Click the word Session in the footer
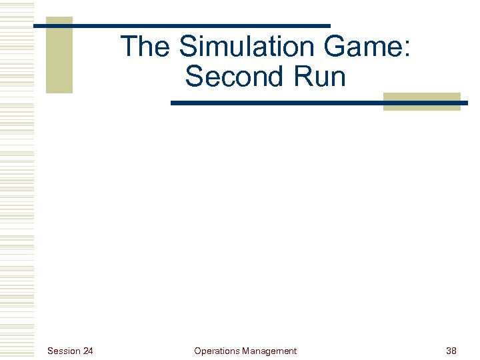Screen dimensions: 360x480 click(64, 351)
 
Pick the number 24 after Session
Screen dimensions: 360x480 click(88, 351)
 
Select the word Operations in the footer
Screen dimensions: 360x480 click(217, 351)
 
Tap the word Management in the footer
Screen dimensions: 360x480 click(270, 351)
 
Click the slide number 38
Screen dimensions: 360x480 click(451, 351)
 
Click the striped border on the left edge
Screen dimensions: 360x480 click(17, 180)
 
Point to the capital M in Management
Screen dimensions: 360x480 click(247, 351)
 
